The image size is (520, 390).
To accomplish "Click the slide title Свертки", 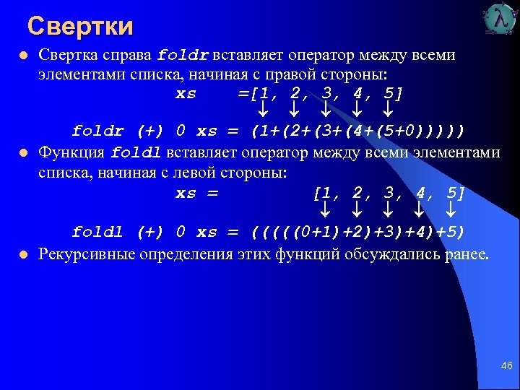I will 80,27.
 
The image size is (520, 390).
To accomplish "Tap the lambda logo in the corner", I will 500,19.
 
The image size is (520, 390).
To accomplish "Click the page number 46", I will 506,366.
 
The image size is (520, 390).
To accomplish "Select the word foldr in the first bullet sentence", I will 183,55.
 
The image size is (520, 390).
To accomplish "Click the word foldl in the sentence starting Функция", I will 137,153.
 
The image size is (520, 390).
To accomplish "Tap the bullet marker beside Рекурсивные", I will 24,254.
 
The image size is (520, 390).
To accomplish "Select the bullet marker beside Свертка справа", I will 24,56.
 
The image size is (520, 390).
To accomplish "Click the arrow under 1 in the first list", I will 264,110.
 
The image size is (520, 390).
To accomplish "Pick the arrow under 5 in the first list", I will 388,110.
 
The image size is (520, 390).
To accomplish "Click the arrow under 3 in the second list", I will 389,210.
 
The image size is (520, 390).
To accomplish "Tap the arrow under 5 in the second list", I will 451,210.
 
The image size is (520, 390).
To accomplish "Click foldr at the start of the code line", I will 97,131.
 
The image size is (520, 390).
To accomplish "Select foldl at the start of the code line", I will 97,232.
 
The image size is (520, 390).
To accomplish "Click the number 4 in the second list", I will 420,194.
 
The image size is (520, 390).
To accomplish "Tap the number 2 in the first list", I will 295,94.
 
